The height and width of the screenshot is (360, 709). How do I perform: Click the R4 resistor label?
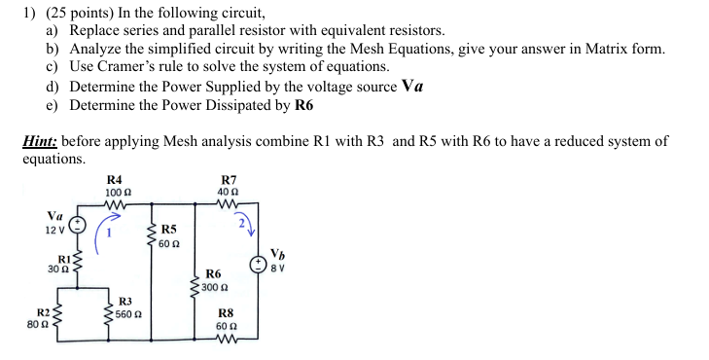pyautogui.click(x=114, y=179)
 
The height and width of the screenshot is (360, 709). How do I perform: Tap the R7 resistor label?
pyautogui.click(x=229, y=179)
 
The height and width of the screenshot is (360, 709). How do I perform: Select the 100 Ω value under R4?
pyautogui.click(x=114, y=192)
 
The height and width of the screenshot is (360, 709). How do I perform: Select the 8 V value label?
pyautogui.click(x=277, y=270)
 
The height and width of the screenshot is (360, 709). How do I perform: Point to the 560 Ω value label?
pyautogui.click(x=128, y=313)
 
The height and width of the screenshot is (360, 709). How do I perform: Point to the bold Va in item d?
pyautogui.click(x=412, y=85)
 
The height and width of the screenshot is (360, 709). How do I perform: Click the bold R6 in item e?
pyautogui.click(x=303, y=103)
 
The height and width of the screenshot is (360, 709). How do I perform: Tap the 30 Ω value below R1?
pyautogui.click(x=56, y=270)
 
